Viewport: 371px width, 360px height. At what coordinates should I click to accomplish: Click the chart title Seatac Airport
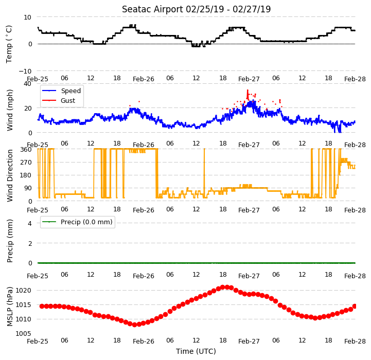(x=152, y=9)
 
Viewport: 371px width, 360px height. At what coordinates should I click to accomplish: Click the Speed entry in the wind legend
(x=70, y=91)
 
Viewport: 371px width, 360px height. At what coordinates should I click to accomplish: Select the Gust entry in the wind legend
(x=68, y=100)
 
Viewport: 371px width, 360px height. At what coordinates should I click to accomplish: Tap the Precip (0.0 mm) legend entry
(x=86, y=222)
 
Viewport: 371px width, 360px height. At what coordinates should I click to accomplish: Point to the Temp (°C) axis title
(x=9, y=44)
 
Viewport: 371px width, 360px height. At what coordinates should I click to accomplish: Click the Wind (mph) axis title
(x=9, y=110)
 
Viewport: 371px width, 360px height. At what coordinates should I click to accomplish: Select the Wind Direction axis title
(x=9, y=175)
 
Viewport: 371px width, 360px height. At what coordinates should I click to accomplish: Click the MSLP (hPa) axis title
(x=9, y=307)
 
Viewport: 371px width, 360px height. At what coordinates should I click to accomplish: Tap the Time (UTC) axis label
(x=196, y=351)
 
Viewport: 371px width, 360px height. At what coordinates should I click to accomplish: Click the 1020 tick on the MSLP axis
(x=24, y=291)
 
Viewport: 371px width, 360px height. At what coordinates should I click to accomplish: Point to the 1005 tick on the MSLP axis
(x=24, y=333)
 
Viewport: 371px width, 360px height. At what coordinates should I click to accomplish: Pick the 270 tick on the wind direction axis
(x=26, y=163)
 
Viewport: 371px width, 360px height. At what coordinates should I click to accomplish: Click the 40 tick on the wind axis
(x=27, y=84)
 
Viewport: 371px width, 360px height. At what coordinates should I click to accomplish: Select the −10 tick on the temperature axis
(x=25, y=71)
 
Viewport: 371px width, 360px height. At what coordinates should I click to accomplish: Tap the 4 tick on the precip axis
(x=29, y=223)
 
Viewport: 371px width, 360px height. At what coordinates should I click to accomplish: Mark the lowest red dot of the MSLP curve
(x=134, y=325)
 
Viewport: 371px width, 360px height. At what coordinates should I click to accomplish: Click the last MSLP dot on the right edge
(x=355, y=307)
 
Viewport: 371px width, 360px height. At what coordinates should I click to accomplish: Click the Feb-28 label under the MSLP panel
(x=355, y=341)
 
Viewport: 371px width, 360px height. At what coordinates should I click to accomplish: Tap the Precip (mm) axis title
(x=9, y=241)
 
